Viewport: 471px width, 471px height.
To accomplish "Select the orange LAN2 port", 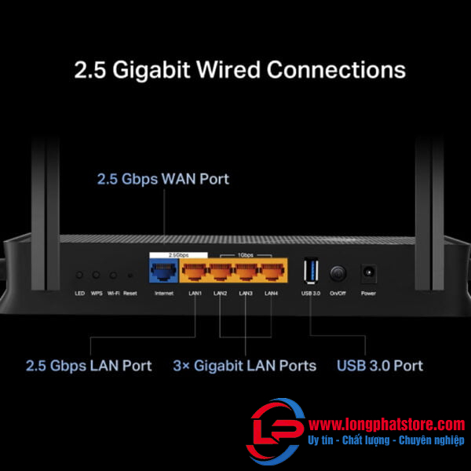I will click(221, 273).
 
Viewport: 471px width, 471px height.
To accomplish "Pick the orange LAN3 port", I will click(246, 273).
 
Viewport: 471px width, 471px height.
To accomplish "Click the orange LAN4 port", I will click(271, 273).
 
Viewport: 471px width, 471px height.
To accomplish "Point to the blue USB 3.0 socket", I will click(311, 272).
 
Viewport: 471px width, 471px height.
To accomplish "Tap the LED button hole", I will click(79, 276).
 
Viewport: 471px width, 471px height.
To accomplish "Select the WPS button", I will click(97, 276).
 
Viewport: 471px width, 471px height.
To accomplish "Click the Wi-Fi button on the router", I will click(114, 276).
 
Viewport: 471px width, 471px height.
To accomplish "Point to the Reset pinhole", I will click(130, 276).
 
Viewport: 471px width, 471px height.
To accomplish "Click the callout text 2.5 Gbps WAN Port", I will click(162, 179).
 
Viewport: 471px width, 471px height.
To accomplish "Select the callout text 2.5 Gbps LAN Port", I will click(89, 365).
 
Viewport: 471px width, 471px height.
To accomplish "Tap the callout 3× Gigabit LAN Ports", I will click(244, 365).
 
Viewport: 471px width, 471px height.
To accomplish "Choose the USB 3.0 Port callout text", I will click(380, 365).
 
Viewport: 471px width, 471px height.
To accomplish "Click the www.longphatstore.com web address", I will click(386, 424).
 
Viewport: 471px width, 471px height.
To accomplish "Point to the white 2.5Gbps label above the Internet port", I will click(178, 255).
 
